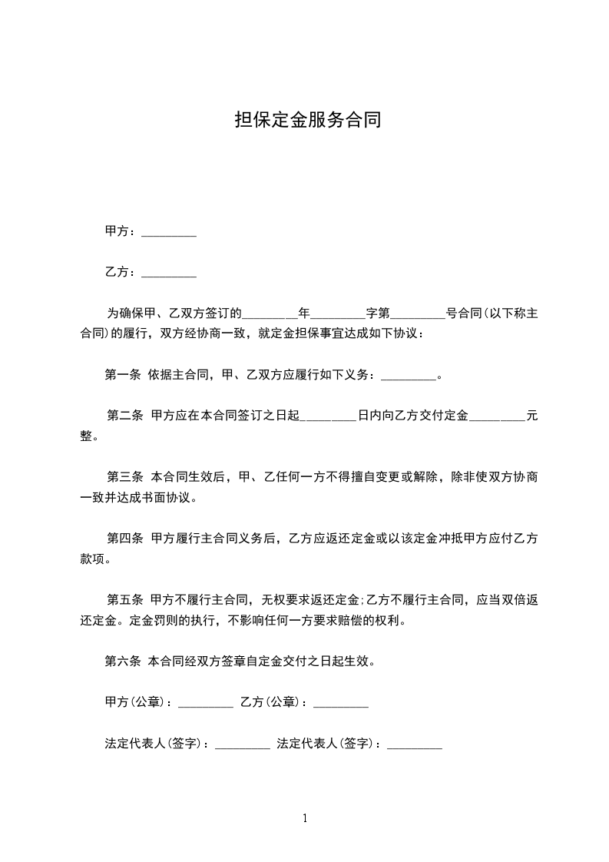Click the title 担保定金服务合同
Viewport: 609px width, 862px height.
tap(308, 121)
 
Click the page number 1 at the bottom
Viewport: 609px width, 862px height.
tap(305, 818)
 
